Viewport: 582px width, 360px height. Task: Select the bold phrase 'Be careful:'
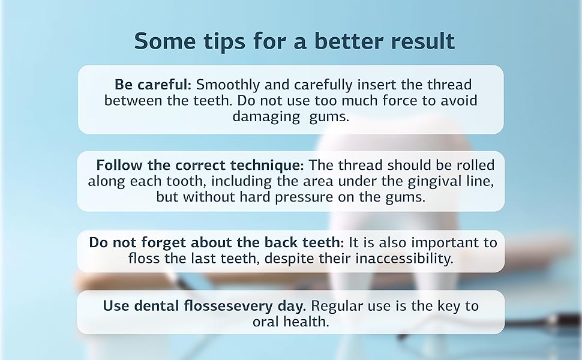point(153,85)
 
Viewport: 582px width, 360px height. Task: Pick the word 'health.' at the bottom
point(309,322)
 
